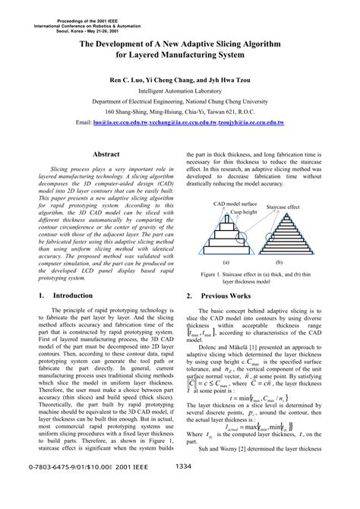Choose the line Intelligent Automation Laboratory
tap(180, 90)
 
